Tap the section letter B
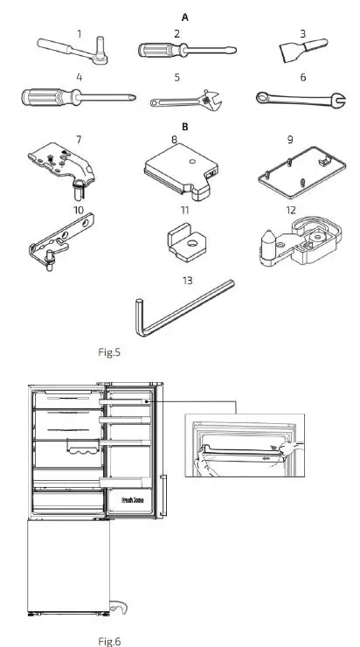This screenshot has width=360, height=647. [x=184, y=126]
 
